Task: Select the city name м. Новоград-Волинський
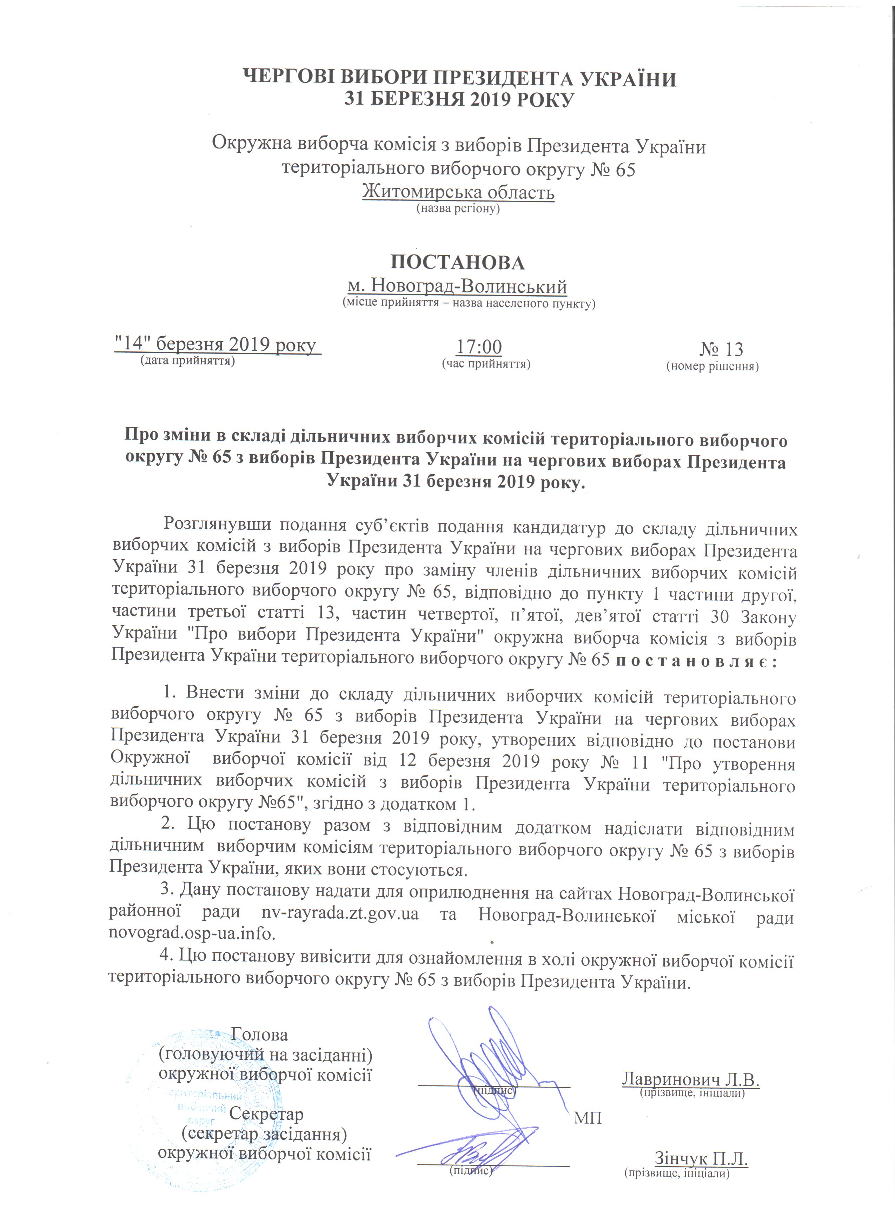click(457, 286)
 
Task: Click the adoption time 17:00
click(479, 347)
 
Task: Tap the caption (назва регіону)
click(457, 208)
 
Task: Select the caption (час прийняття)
click(486, 364)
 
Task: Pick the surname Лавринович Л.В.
click(691, 1078)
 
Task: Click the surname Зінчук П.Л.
click(701, 1158)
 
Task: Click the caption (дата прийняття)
click(187, 361)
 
